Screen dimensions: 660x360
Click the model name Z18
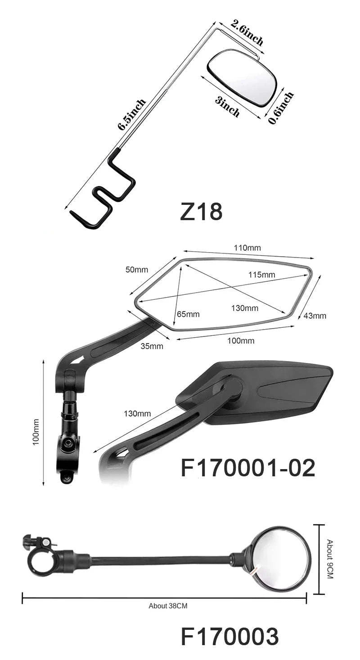[x=201, y=212]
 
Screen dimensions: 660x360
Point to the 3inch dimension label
[x=227, y=106]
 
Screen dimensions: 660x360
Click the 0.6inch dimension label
[x=281, y=108]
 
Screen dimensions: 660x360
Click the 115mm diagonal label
[x=261, y=275]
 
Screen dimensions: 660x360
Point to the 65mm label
[x=188, y=314]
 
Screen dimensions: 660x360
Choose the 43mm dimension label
[x=315, y=316]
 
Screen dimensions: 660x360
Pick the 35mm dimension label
[x=152, y=346]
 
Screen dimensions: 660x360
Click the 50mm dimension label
[x=136, y=270]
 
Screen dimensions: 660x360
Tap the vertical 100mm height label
[x=36, y=432]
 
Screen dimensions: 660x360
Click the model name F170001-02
[x=247, y=468]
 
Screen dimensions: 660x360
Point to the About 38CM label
[x=168, y=606]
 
